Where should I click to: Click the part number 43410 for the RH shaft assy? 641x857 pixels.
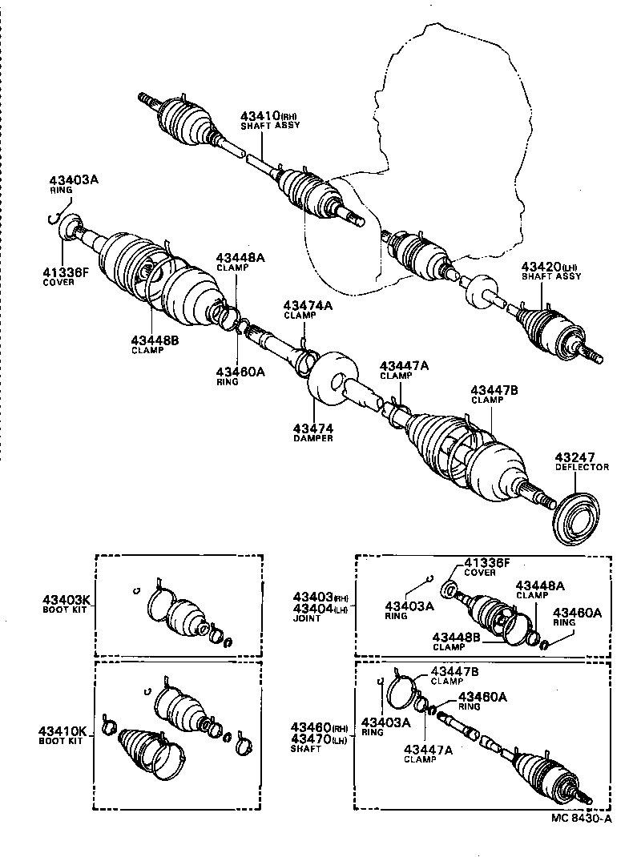pos(259,115)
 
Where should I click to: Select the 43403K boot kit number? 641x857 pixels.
pos(67,598)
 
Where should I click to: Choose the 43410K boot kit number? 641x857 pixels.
pos(67,730)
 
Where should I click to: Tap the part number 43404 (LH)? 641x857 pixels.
pos(312,608)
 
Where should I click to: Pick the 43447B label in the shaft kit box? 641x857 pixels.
pos(454,671)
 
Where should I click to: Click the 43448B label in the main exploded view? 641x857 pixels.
pos(155,340)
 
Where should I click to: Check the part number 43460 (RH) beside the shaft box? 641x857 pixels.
pos(312,726)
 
